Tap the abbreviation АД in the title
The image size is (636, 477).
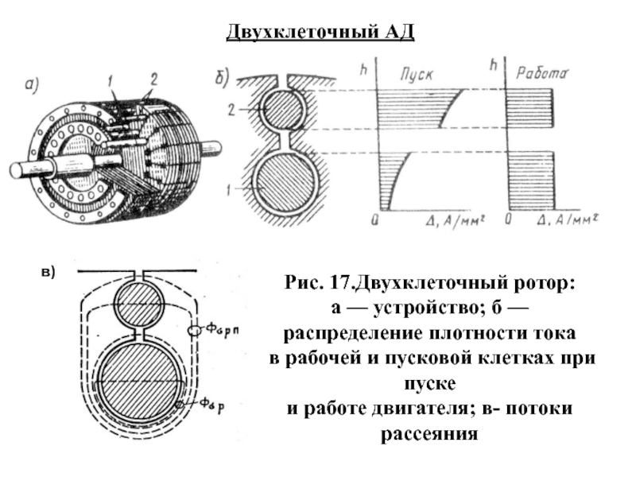tap(398, 33)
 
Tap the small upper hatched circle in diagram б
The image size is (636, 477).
tap(285, 111)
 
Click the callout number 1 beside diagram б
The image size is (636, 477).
tap(231, 191)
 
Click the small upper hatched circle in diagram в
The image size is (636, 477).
tap(139, 304)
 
